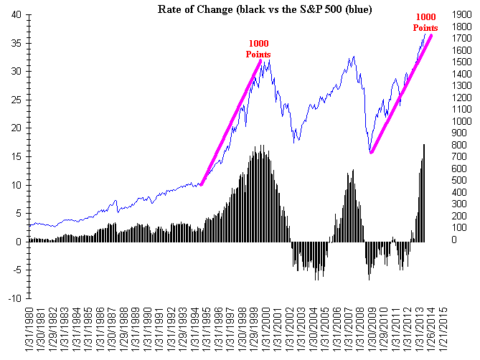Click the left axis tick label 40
16,14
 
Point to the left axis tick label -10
14,298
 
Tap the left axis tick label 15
16,156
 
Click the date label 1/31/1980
29,331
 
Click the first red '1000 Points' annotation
258,49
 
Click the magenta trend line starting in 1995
230,122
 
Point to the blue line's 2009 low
370,152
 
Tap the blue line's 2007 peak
352,57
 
